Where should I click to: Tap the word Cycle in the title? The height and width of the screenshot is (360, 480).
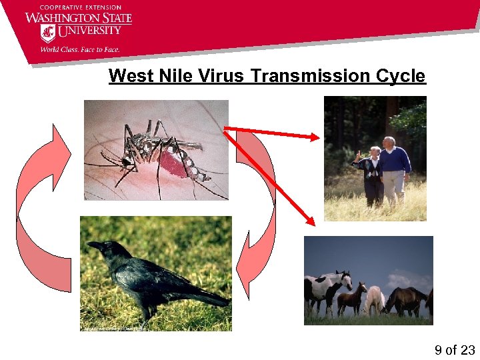[400, 76]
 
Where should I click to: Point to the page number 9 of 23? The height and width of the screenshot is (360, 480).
[454, 350]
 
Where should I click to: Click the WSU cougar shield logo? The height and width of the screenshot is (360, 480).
[48, 33]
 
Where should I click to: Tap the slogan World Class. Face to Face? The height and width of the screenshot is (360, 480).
[79, 49]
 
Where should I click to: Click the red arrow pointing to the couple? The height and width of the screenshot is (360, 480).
[273, 133]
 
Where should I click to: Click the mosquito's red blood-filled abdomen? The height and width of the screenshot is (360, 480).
[172, 162]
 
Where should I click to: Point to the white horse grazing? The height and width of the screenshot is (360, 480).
[374, 299]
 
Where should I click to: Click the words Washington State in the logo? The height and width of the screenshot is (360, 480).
[79, 17]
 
